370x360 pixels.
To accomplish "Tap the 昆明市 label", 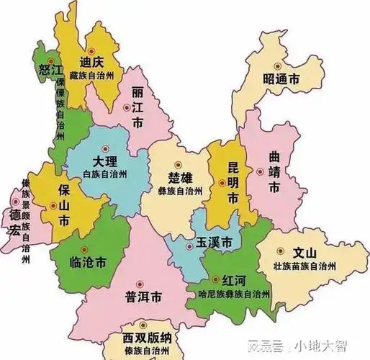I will coord(233,179).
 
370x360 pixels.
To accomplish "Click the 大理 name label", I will coord(106,162).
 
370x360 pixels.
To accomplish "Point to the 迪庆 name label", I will coord(91,62).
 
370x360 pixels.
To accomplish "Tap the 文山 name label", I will coord(305,253).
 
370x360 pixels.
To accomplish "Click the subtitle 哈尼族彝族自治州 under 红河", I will coord(227,294).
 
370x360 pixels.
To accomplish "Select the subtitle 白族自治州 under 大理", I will coord(105,175).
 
